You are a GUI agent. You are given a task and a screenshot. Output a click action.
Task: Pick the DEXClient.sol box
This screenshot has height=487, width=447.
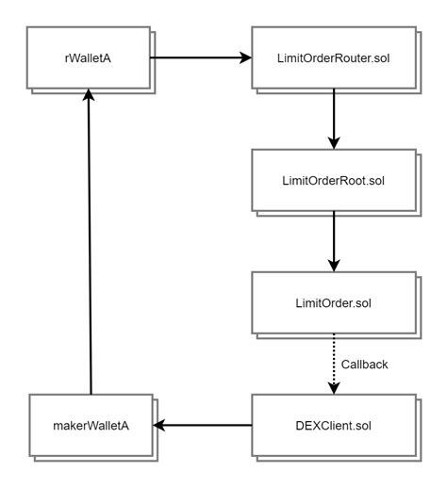334,426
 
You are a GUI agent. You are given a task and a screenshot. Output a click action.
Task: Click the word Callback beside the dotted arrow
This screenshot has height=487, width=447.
365,363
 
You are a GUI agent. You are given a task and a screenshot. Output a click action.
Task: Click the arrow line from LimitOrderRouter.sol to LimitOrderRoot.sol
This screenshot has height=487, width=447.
334,118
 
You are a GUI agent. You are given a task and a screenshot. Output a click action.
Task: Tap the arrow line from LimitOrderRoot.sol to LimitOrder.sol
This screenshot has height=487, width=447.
334,240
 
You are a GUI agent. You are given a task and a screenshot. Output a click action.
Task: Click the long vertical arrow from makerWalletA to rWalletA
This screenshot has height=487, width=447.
89,245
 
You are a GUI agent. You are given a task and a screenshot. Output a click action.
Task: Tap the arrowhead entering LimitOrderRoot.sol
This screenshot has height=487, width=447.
334,142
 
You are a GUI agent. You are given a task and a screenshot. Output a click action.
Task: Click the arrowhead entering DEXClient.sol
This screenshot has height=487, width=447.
334,387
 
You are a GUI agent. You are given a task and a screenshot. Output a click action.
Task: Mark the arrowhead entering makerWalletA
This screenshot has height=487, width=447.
161,426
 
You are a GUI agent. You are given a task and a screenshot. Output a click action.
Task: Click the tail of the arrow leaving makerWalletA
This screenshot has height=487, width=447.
89,391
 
